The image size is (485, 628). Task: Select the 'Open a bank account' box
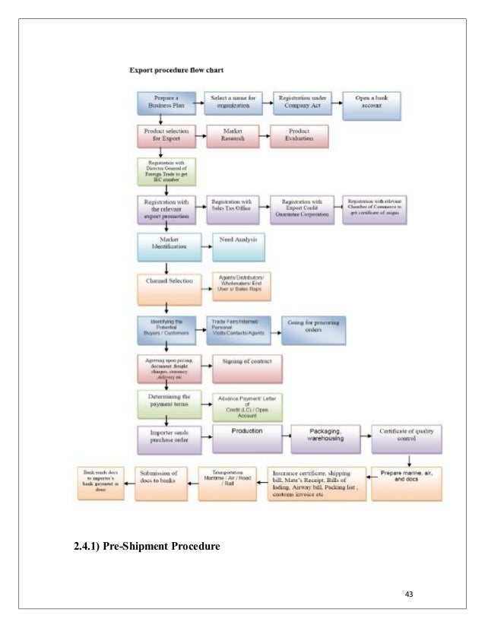tap(372, 105)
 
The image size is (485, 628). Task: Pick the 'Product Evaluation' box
tap(299, 136)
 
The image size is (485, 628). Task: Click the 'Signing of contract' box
tap(248, 366)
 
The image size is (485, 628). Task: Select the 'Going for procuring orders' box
tap(313, 329)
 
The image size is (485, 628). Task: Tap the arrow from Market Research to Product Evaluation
tap(264, 137)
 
